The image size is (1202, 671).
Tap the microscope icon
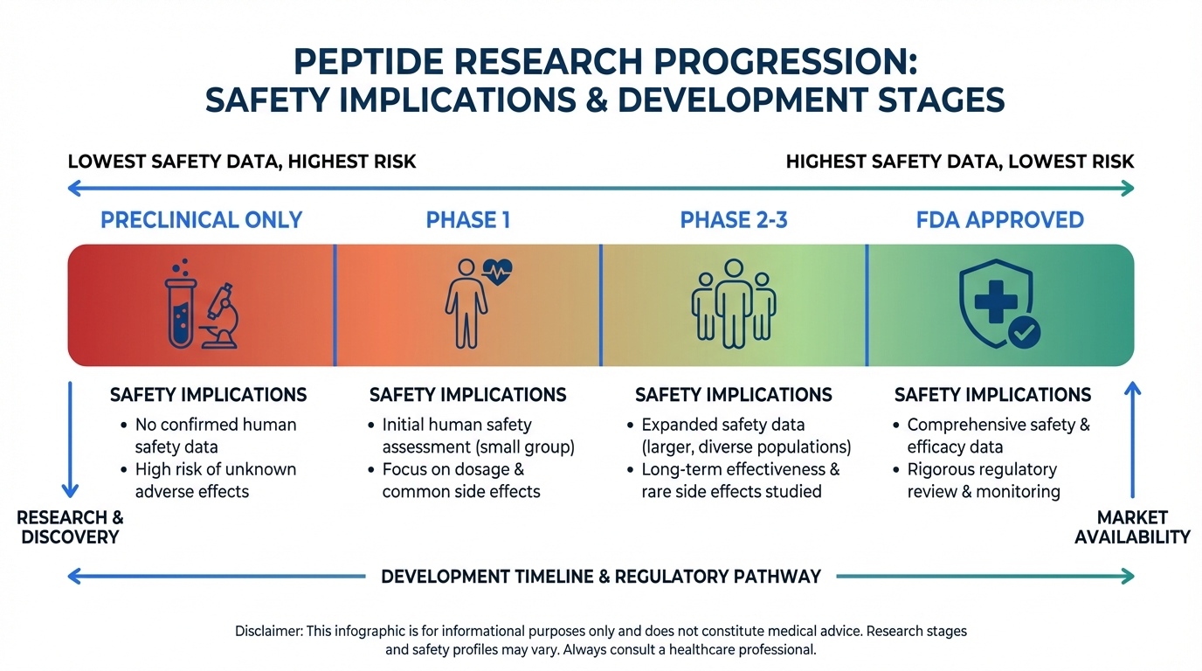(219, 316)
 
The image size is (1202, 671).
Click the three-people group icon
(734, 303)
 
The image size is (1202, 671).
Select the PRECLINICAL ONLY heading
(201, 219)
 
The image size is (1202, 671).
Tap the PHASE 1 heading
(467, 219)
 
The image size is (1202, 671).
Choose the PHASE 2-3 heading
(734, 219)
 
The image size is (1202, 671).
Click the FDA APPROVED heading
(999, 219)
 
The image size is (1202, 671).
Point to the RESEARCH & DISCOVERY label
(70, 527)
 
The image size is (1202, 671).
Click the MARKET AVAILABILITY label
(1132, 527)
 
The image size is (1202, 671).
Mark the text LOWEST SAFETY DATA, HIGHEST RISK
(242, 162)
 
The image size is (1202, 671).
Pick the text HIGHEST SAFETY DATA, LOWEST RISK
(959, 162)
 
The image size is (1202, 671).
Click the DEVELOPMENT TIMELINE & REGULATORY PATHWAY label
(601, 577)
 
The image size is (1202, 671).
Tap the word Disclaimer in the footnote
(268, 631)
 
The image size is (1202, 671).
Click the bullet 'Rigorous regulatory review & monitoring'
(983, 481)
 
